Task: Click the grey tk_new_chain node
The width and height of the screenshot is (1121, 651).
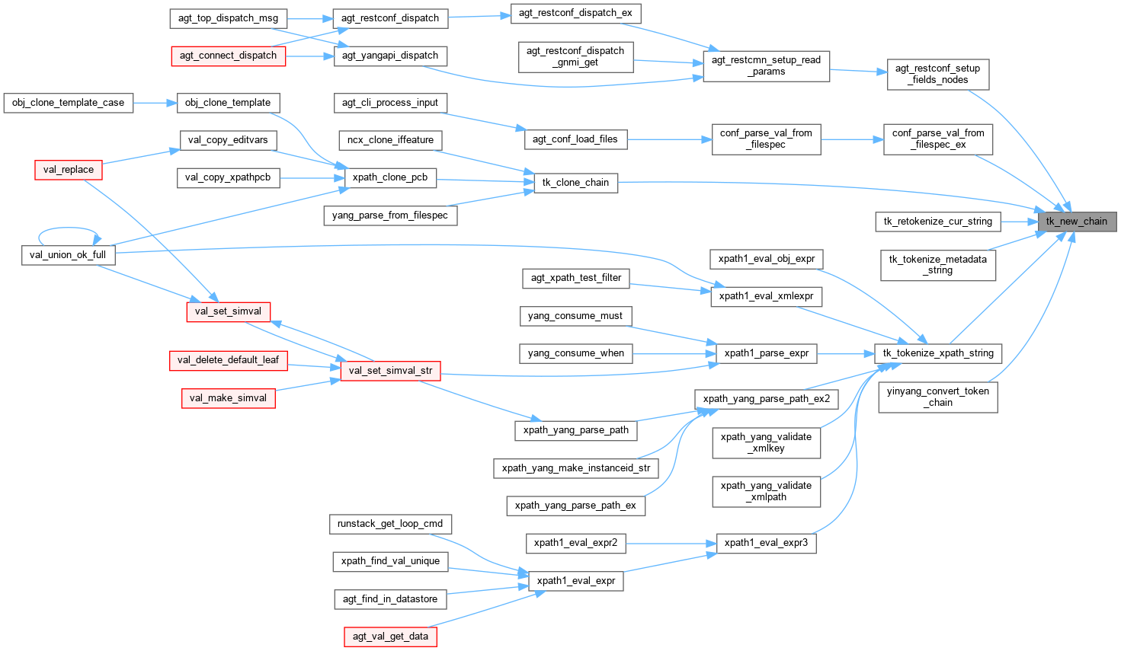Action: point(1076,221)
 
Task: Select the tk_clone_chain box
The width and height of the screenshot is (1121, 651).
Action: point(575,183)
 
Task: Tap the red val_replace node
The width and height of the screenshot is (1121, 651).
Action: point(69,170)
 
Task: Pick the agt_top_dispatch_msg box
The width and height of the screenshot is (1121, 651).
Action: point(228,18)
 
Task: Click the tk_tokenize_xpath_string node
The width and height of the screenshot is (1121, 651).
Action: point(937,353)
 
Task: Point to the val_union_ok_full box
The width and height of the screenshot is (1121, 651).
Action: point(68,255)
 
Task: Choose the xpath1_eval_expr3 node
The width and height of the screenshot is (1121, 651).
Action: point(766,543)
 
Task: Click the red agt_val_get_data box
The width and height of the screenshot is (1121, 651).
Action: point(390,637)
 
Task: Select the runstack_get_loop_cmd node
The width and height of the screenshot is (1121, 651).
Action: point(390,524)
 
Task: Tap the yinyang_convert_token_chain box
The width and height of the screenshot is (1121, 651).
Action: point(937,397)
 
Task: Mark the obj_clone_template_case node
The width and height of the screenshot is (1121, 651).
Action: point(68,103)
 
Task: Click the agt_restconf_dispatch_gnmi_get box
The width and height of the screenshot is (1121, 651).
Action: point(575,56)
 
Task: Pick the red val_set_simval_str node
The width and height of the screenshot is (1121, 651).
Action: point(390,371)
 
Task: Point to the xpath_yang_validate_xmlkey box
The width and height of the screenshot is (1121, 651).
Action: point(766,442)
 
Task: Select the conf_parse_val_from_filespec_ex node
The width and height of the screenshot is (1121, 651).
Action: point(937,139)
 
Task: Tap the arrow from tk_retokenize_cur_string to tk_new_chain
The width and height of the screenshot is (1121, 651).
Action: point(1019,222)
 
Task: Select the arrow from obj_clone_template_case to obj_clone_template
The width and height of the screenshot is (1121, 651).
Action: point(155,103)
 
